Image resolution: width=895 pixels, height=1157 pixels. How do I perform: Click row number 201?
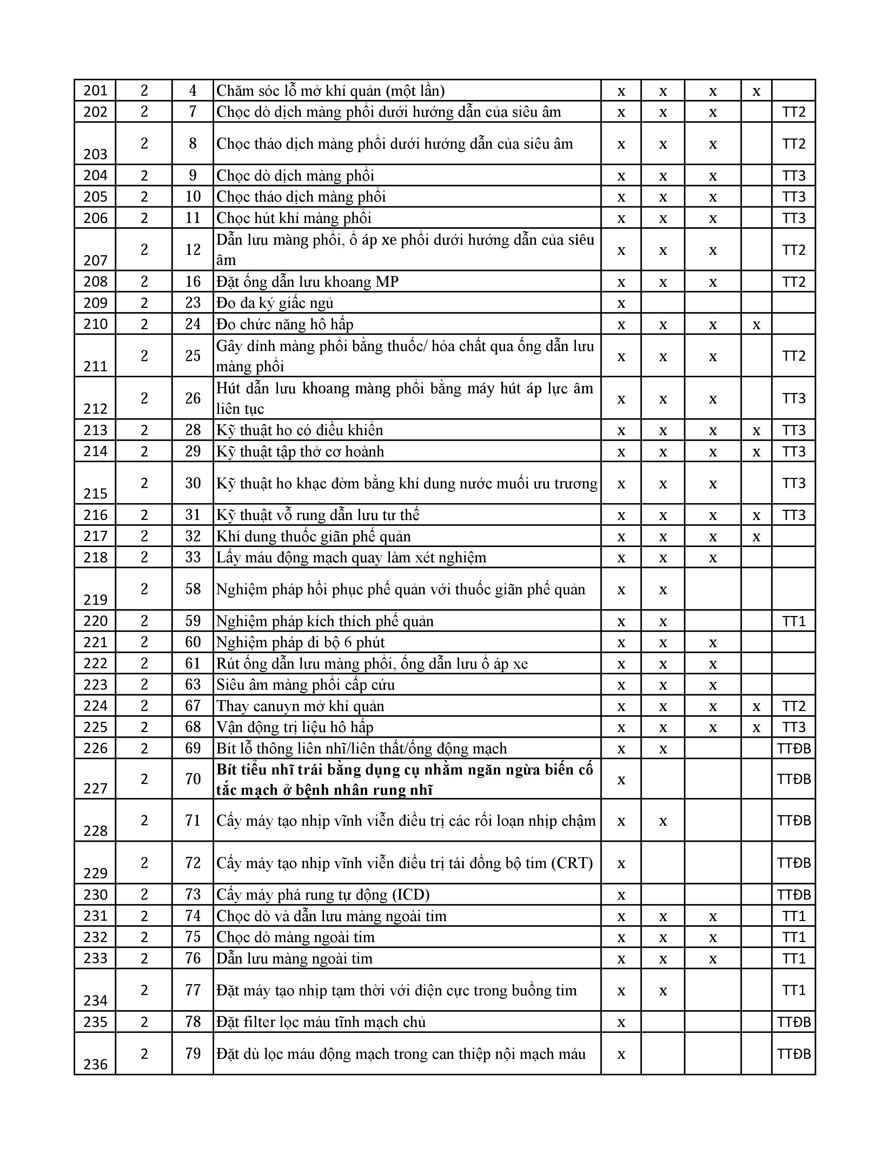pos(95,90)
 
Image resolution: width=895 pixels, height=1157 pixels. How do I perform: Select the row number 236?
pos(95,1064)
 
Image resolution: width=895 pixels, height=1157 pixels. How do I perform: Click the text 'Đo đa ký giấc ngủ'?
pos(275,303)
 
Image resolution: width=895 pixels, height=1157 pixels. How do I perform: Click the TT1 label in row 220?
pos(793,621)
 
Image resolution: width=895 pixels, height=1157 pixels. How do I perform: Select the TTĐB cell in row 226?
pos(793,748)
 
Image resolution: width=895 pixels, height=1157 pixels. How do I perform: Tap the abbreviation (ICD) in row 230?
pos(410,895)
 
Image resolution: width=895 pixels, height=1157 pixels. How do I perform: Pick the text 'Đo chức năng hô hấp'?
pos(285,324)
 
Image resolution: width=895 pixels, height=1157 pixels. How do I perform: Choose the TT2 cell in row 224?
pos(793,706)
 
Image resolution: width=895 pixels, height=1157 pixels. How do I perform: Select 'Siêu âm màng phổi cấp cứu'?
pos(305,684)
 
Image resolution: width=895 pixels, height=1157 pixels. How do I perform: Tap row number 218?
pos(95,557)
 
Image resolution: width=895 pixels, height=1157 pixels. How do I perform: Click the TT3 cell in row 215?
pos(793,483)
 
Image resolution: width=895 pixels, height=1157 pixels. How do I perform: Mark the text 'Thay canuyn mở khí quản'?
pos(300,706)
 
